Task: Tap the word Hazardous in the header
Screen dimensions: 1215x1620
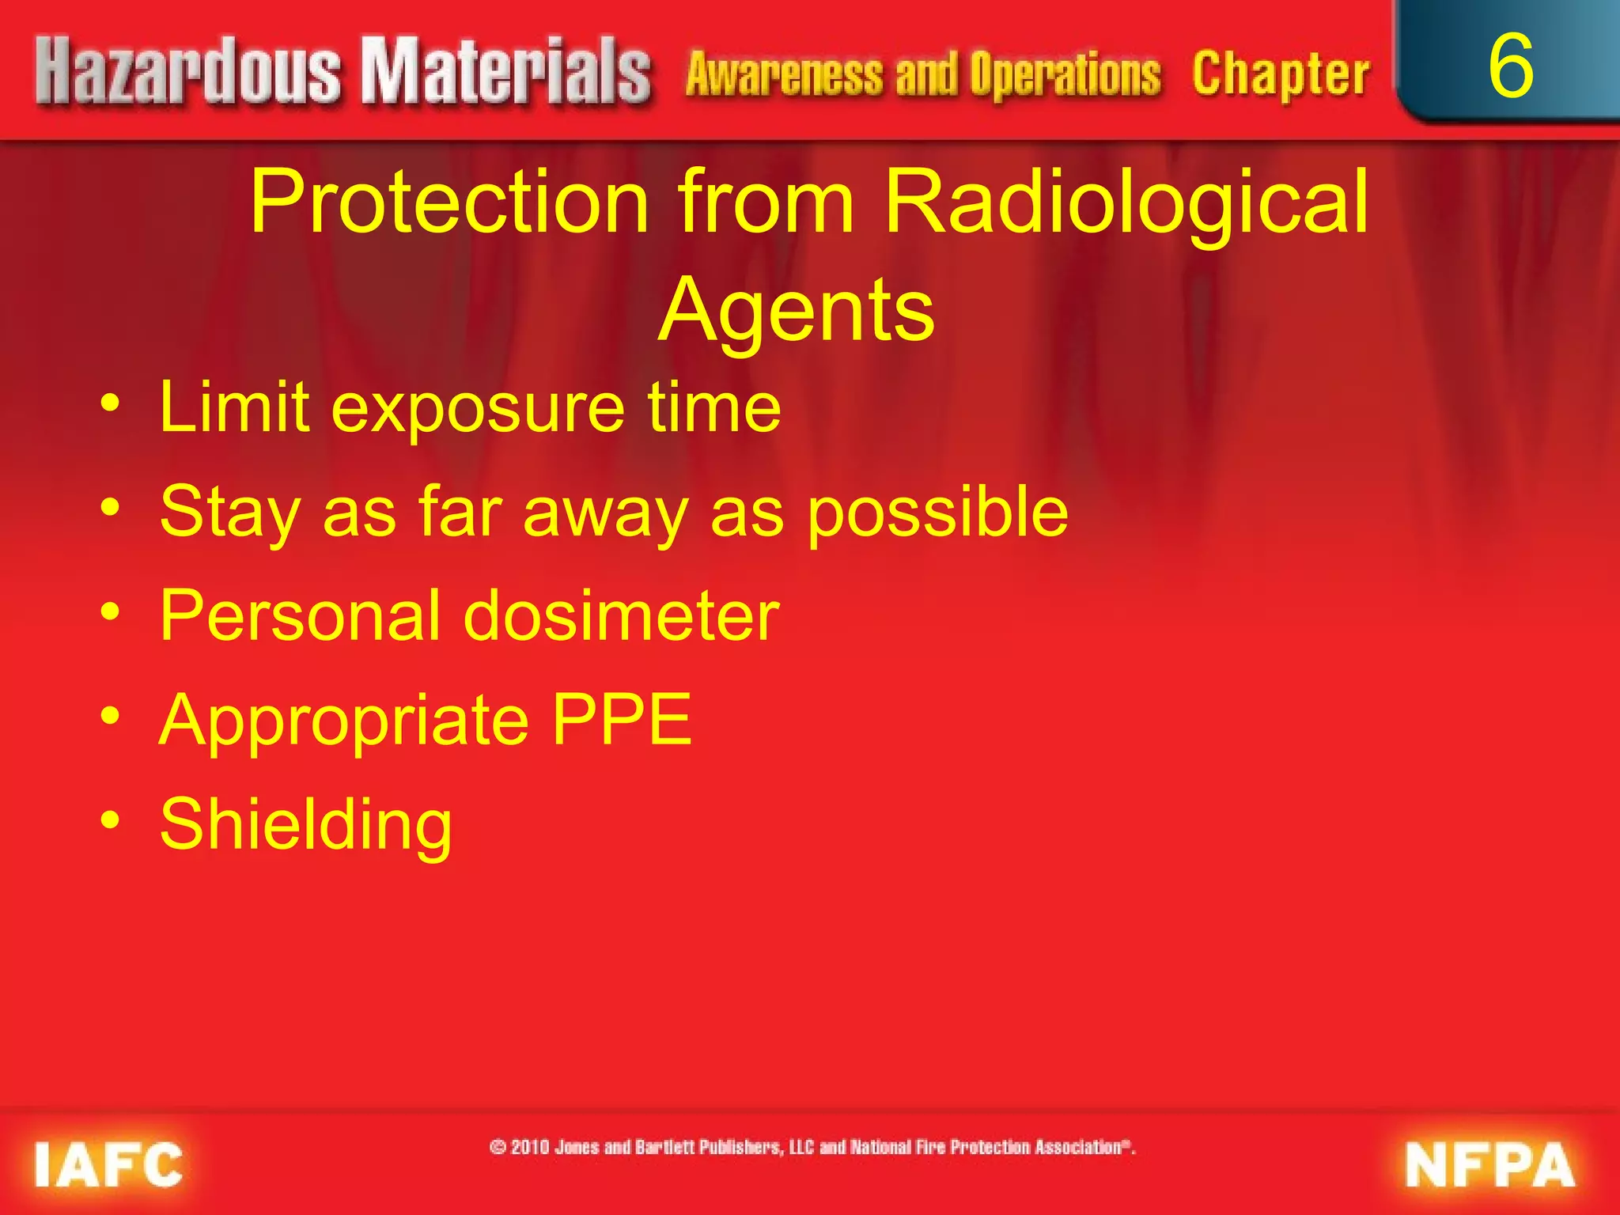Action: pyautogui.click(x=188, y=73)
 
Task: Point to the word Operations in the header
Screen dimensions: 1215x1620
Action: pyautogui.click(x=1065, y=74)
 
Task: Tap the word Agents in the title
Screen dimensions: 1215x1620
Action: pyautogui.click(x=796, y=310)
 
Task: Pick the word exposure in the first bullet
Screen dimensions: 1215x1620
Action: pyautogui.click(x=478, y=410)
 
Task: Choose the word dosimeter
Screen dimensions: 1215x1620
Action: pyautogui.click(x=621, y=616)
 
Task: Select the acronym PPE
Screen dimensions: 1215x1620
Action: pyautogui.click(x=622, y=720)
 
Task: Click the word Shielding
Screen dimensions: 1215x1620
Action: pyautogui.click(x=306, y=826)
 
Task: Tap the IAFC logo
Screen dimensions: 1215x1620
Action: pyautogui.click(x=108, y=1164)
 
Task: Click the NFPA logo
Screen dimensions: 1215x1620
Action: pyautogui.click(x=1489, y=1164)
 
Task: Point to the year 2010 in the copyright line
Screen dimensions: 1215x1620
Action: pyautogui.click(x=530, y=1147)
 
